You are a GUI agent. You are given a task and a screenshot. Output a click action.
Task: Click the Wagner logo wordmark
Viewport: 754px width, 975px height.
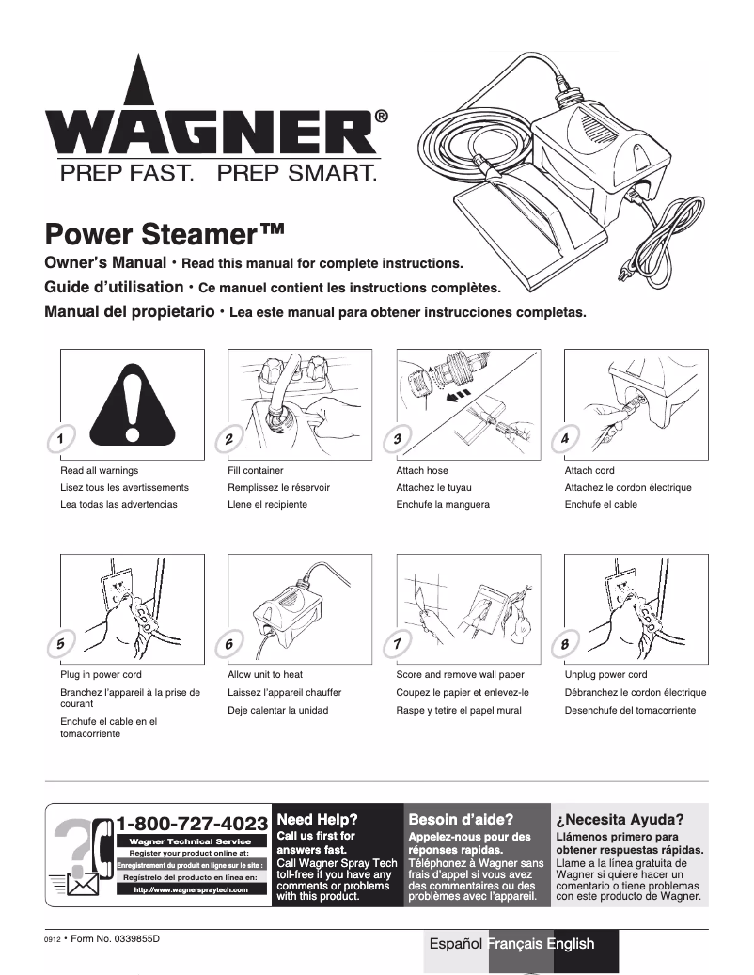212,132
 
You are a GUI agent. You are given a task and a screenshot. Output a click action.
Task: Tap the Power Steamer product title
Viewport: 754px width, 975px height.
165,232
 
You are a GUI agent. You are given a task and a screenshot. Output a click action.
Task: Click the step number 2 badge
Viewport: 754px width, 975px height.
229,439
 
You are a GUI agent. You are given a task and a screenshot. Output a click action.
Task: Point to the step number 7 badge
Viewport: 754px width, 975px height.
398,644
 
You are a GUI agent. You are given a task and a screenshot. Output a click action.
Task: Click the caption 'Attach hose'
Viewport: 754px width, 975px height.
422,470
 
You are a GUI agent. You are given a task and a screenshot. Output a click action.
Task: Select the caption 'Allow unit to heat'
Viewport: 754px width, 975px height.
265,675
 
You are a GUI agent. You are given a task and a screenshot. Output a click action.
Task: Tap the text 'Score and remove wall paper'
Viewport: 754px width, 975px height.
460,675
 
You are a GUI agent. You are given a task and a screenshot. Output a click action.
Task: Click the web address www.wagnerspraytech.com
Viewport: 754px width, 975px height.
190,889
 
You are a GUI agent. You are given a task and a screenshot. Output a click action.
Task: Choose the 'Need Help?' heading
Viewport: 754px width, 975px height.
316,819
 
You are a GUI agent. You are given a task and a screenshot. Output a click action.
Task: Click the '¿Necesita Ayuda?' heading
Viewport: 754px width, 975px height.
620,819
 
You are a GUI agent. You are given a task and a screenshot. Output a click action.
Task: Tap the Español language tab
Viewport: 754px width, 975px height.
456,944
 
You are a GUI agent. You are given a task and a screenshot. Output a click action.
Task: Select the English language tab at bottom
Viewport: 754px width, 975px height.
571,944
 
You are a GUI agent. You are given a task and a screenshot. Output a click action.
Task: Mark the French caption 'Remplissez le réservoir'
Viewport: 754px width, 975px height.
278,488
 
